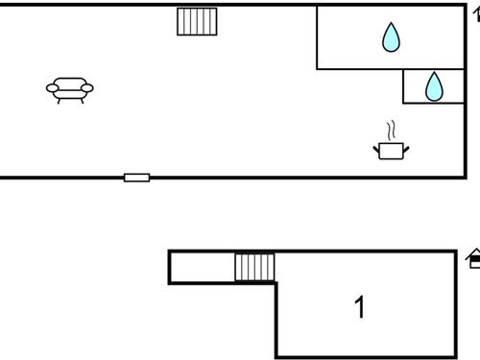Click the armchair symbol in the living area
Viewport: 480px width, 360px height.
pos(70,89)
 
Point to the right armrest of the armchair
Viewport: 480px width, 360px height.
pos(88,88)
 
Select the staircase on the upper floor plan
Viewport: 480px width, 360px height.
pos(198,21)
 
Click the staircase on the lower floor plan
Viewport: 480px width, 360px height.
pos(254,267)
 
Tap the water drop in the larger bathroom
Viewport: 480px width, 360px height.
pos(391,37)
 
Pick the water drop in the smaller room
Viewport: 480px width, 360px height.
pos(435,86)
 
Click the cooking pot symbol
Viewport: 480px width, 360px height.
pos(391,150)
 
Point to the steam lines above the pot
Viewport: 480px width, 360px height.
pos(390,130)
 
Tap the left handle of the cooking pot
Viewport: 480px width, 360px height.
pos(376,146)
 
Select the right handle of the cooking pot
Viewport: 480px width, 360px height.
pos(406,146)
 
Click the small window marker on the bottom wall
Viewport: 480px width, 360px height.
pos(136,178)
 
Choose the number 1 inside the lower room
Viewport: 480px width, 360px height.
pos(360,307)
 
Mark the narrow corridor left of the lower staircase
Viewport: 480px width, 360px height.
pos(203,267)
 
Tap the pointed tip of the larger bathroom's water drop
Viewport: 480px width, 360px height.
pos(391,24)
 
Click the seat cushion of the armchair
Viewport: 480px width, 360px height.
pos(70,91)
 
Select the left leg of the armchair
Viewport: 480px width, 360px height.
pos(60,100)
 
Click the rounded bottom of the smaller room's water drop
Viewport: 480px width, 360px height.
pos(435,96)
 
